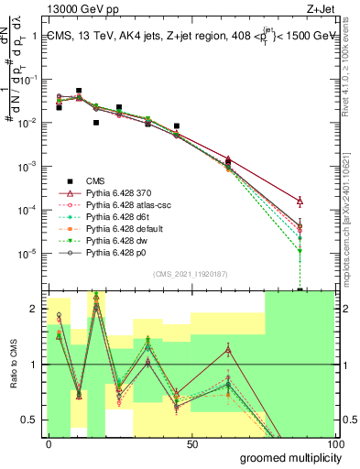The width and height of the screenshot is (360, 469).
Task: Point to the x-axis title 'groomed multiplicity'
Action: coord(289,457)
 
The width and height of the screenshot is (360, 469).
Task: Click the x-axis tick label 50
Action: coord(192,443)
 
